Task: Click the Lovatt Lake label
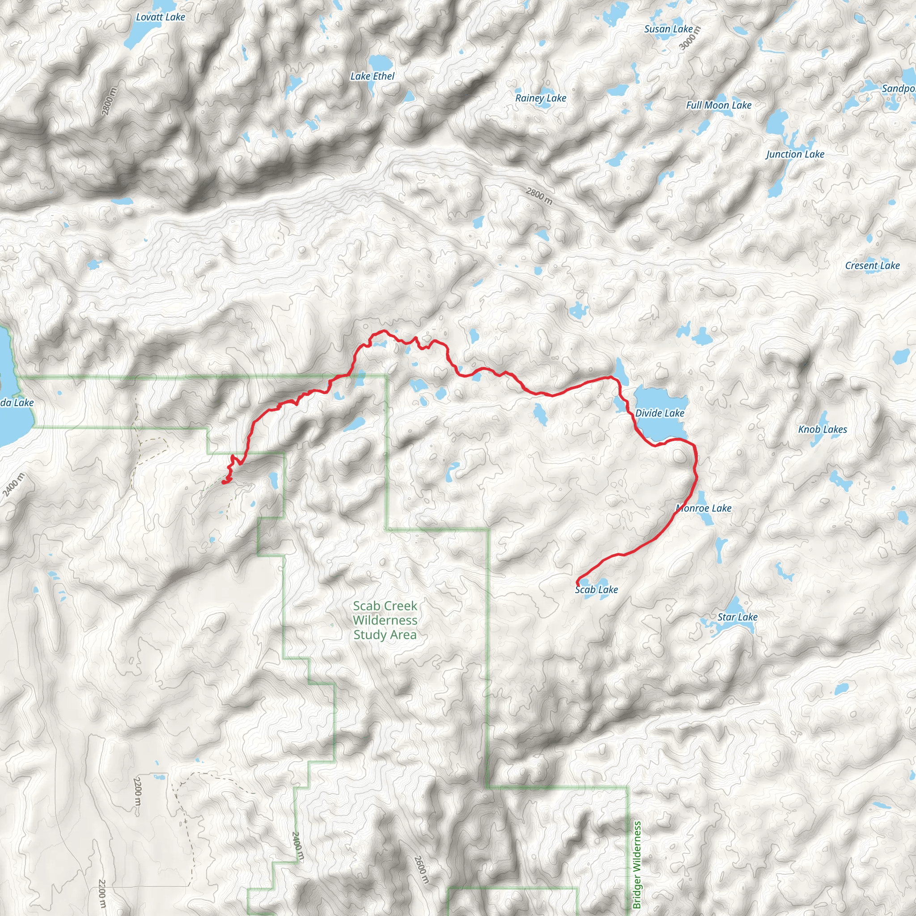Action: pos(160,17)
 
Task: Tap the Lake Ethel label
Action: pos(372,76)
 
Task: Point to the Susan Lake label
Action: pos(668,29)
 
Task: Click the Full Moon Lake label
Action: pos(718,105)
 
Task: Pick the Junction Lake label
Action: pos(795,154)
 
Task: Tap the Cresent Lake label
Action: pos(872,266)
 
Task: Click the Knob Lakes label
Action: pos(822,429)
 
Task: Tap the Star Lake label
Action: pos(737,617)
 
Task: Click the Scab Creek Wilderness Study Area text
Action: pos(385,620)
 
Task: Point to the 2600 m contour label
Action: pos(421,869)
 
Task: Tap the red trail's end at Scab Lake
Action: pos(577,582)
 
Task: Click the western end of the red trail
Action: pos(223,482)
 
